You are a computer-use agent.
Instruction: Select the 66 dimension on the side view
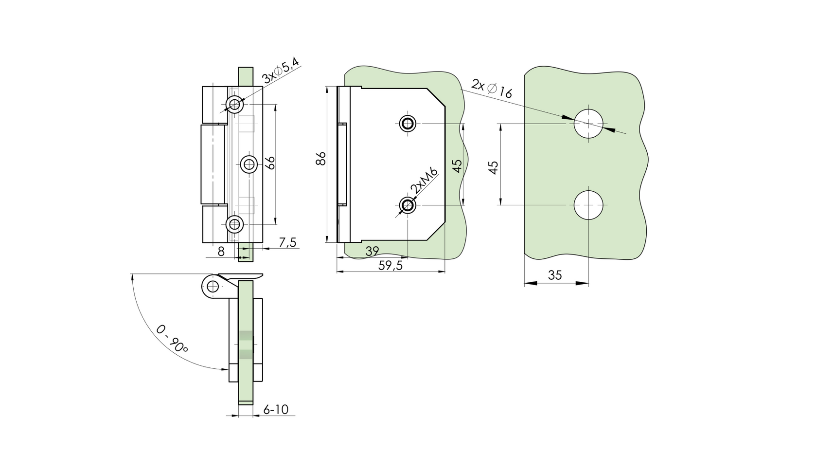[271, 163]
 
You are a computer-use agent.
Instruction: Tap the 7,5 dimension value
[287, 242]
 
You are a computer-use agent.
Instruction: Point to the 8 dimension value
[221, 252]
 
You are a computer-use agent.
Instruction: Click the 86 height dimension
[320, 159]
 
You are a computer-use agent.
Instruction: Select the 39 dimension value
[372, 252]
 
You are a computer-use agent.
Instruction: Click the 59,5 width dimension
[391, 266]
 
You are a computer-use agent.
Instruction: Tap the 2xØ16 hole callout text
[492, 88]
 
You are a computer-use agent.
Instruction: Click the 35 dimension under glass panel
[554, 275]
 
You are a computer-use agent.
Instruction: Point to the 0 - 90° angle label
[172, 339]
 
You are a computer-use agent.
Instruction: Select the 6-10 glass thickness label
[276, 410]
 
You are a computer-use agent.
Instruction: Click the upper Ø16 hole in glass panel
[588, 124]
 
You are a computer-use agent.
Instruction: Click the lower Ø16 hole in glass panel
[588, 205]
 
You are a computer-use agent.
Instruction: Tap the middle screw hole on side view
[249, 164]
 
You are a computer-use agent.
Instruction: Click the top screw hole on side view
[235, 104]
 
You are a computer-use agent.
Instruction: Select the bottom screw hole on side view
[235, 224]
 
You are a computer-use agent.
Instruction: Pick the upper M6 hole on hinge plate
[408, 124]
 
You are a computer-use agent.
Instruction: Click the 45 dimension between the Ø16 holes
[493, 167]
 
